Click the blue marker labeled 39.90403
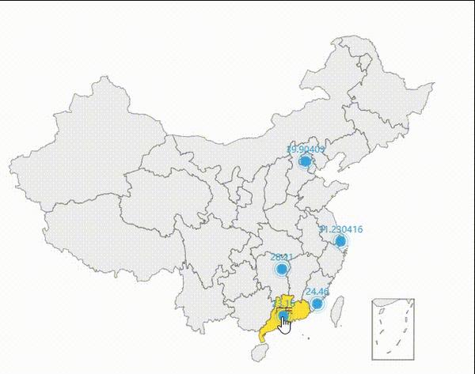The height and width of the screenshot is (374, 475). click(x=306, y=161)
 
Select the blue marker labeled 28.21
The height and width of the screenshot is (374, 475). click(x=282, y=269)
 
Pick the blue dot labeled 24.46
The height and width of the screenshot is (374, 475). click(x=317, y=303)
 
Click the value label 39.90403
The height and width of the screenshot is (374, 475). click(x=306, y=149)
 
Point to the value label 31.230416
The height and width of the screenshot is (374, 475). click(x=340, y=229)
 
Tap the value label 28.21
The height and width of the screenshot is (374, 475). click(x=282, y=257)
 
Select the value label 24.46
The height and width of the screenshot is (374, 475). click(x=317, y=292)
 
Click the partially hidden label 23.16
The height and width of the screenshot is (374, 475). click(x=283, y=303)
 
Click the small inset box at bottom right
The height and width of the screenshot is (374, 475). click(x=393, y=329)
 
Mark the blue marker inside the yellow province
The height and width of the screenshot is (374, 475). click(x=282, y=315)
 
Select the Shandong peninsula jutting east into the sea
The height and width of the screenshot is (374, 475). click(x=336, y=189)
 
